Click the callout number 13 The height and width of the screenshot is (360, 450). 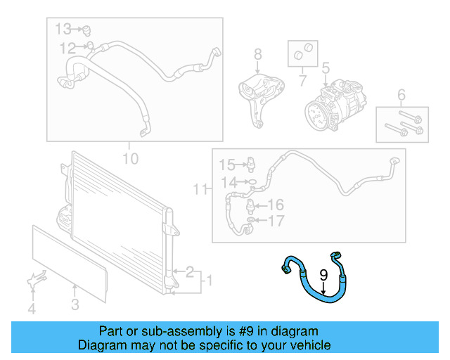point(64,29)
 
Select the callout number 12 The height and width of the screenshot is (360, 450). point(67,49)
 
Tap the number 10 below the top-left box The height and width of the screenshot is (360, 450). point(131,157)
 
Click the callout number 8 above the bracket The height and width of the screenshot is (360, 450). point(257,54)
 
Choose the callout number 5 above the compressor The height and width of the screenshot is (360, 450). point(326,69)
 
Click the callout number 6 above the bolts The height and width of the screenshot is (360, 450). point(401,95)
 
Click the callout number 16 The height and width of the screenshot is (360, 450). point(275,205)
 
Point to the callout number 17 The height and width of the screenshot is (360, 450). point(276,221)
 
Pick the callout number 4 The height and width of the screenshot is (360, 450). point(31,308)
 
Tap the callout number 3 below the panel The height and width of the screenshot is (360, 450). point(75,304)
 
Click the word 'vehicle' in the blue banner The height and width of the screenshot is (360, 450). point(307,345)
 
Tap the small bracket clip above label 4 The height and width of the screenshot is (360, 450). point(32,281)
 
